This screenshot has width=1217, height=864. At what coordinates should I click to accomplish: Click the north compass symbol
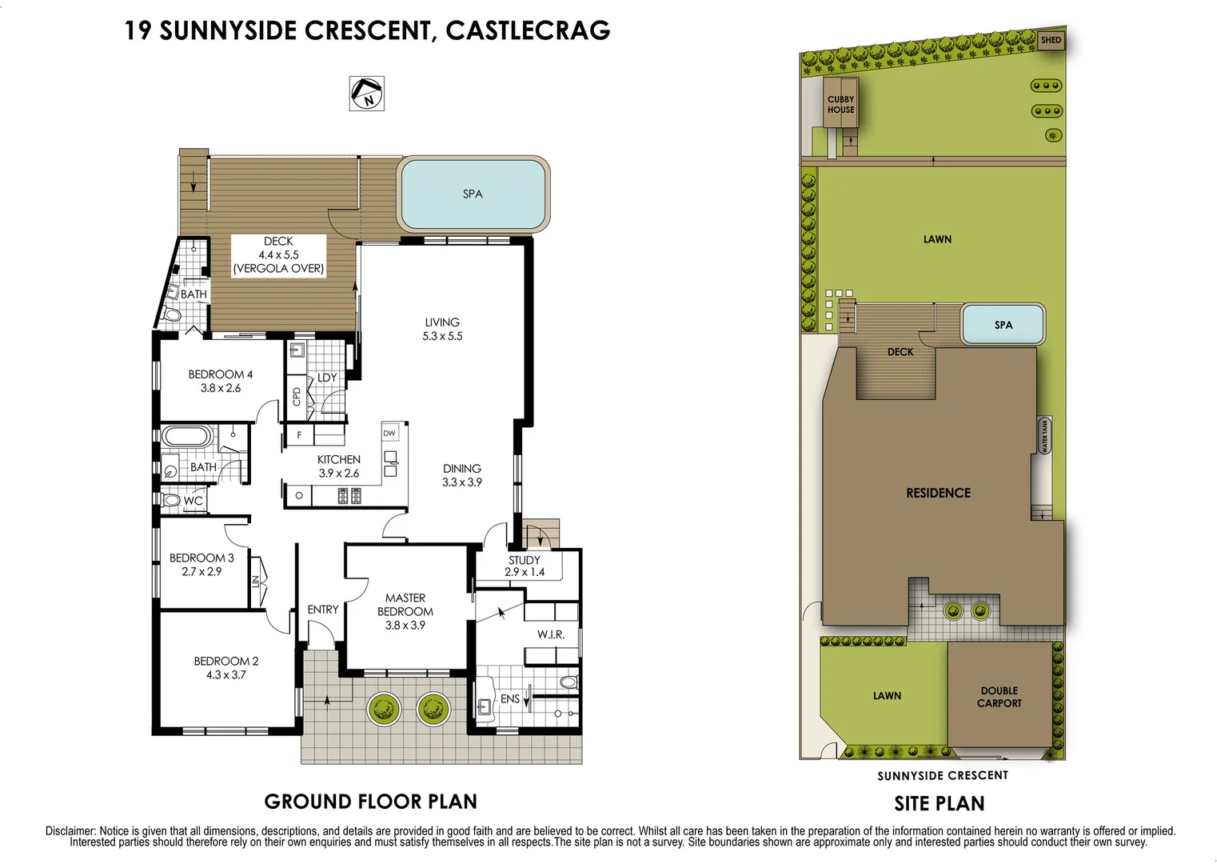click(367, 94)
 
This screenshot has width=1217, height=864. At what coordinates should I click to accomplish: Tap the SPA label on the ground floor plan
click(473, 194)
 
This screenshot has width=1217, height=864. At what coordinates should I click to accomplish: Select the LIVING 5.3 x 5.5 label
click(442, 329)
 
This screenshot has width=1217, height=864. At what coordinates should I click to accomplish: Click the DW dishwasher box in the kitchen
click(389, 433)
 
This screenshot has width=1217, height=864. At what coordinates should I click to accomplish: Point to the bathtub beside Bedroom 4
click(186, 437)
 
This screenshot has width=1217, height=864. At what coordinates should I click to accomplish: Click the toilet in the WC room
click(170, 500)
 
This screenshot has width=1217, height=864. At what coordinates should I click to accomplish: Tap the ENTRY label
click(323, 609)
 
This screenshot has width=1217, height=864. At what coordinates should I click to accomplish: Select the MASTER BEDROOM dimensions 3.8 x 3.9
click(405, 625)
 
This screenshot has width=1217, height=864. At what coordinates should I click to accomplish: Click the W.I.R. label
click(551, 634)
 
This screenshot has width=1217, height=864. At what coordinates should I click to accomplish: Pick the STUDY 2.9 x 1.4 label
click(525, 566)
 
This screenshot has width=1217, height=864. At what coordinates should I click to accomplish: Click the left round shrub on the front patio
click(383, 708)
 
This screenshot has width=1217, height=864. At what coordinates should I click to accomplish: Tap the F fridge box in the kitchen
click(300, 435)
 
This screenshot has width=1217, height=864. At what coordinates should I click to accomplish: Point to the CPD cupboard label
click(297, 396)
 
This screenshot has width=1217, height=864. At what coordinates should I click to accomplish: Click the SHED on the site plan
click(1051, 40)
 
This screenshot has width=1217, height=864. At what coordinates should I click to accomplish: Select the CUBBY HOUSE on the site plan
click(840, 104)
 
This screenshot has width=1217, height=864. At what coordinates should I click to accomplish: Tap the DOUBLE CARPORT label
click(1000, 697)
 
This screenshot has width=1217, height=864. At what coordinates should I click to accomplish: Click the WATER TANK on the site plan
click(1043, 436)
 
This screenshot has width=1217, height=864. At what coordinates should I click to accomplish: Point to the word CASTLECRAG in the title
click(528, 30)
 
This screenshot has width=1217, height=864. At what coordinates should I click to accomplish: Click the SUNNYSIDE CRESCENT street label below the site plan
click(943, 775)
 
